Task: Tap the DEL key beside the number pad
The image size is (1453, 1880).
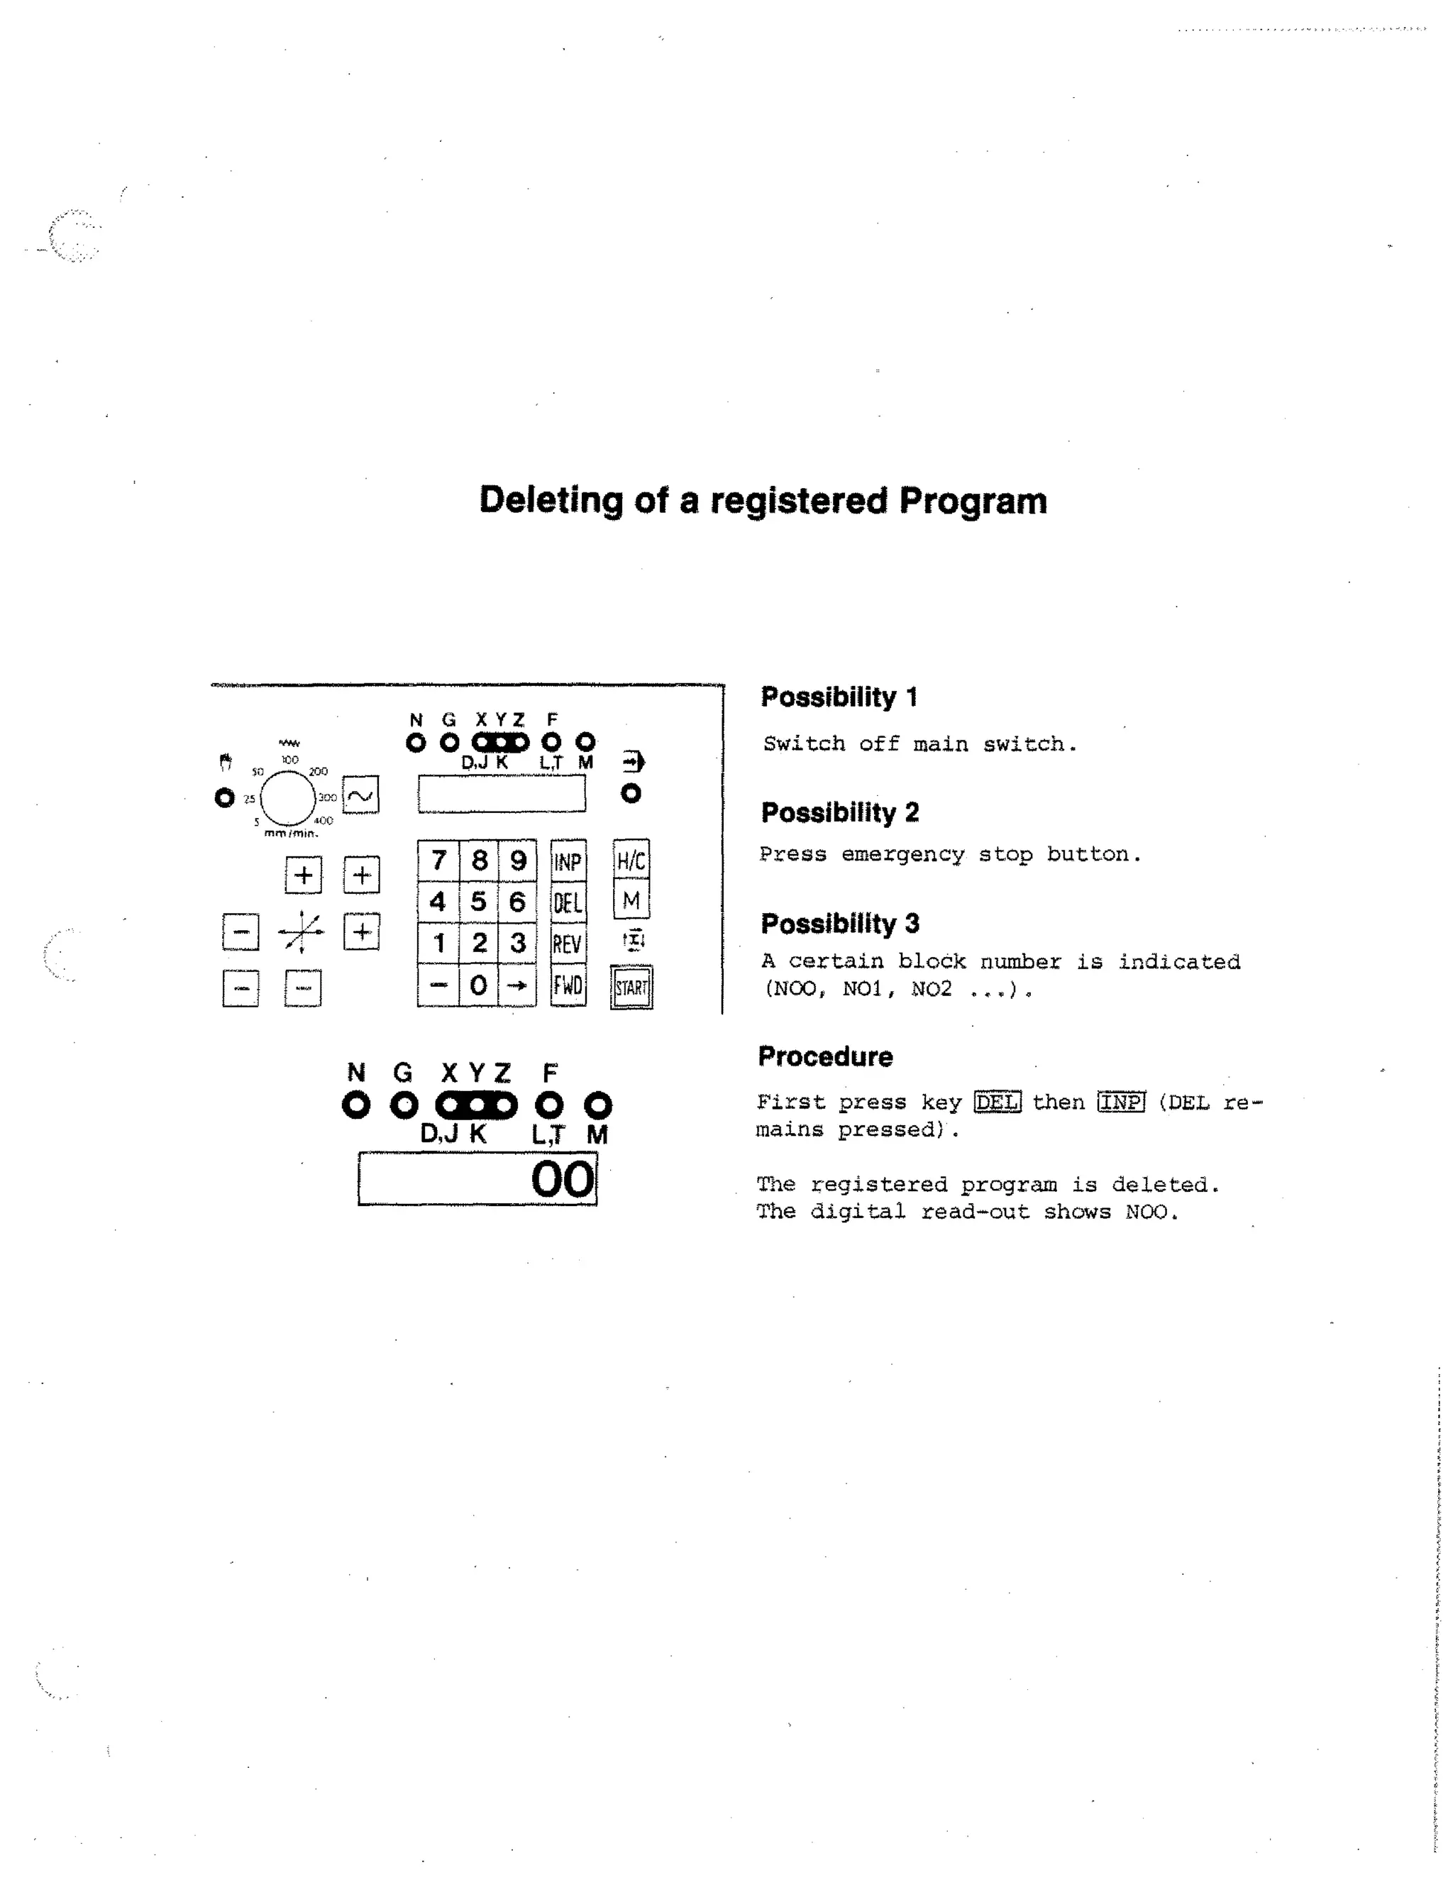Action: click(x=568, y=903)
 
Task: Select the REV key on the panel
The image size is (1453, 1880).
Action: click(x=568, y=944)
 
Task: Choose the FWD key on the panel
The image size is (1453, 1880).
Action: click(x=568, y=985)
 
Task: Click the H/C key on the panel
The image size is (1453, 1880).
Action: click(x=631, y=860)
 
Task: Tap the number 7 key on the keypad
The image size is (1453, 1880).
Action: click(x=438, y=860)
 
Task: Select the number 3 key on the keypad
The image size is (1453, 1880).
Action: click(x=517, y=943)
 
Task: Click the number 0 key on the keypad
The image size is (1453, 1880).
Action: click(x=479, y=985)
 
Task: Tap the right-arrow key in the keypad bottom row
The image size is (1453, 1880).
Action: click(x=517, y=985)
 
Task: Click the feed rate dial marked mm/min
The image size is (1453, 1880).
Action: click(x=288, y=798)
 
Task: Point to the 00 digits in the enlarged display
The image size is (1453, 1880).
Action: click(x=562, y=1179)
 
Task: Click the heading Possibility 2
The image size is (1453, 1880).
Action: click(x=839, y=812)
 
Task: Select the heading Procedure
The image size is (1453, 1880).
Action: click(x=824, y=1056)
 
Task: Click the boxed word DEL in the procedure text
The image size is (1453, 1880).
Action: click(x=997, y=1102)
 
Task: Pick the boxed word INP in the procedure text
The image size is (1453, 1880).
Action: click(x=1121, y=1102)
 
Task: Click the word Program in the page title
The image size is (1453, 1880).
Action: click(x=973, y=501)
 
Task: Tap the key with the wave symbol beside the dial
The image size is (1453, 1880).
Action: click(x=360, y=795)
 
